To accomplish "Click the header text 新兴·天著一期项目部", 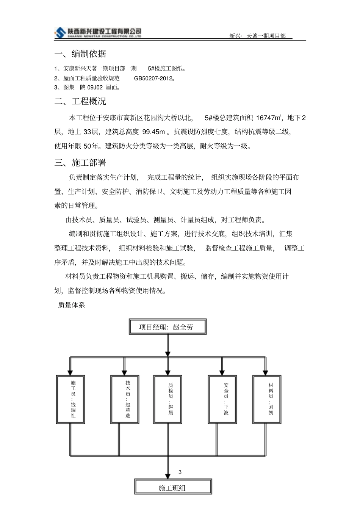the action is [x=257, y=36].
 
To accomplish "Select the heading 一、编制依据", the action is [x=80, y=54].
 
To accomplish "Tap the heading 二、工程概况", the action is [x=80, y=101].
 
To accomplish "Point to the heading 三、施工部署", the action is [x=80, y=163].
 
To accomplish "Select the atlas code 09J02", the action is [x=95, y=88].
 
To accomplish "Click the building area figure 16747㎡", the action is [x=269, y=118].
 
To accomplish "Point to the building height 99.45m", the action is [x=153, y=132].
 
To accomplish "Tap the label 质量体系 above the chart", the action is [x=71, y=305].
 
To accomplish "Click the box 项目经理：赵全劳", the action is [x=167, y=327].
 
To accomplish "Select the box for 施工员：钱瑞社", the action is [x=70, y=399].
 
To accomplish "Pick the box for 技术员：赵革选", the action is [x=125, y=399].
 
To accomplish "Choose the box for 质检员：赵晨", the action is [x=168, y=399].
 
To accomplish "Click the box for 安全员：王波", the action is [x=222, y=399].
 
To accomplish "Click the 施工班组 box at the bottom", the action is [x=173, y=488].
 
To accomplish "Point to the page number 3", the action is [x=180, y=472].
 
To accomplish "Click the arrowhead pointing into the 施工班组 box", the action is [x=168, y=476].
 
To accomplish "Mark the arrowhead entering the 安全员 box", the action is [x=222, y=372].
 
